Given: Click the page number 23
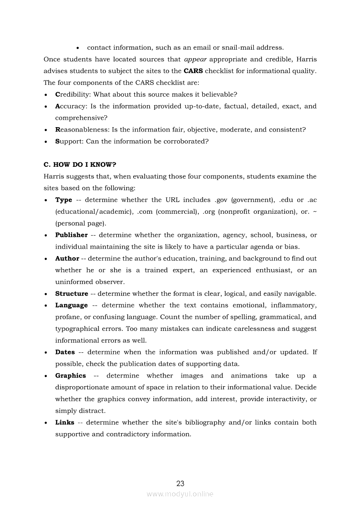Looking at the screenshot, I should [180, 483].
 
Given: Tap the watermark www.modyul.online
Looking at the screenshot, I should [180, 494].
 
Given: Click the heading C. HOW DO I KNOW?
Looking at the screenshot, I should [80, 165].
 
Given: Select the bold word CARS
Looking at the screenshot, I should [193, 71].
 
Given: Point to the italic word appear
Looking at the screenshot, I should [195, 59].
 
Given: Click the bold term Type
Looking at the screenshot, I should [64, 200].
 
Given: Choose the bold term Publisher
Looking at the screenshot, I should [71, 235].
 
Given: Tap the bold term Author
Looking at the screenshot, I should [67, 259].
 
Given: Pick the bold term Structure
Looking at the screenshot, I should [71, 294].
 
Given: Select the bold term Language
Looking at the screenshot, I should [71, 306].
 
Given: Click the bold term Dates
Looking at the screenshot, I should [65, 352].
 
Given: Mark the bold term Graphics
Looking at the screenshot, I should [71, 376].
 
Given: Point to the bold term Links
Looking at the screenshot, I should [65, 422].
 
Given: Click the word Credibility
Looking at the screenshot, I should [72, 94].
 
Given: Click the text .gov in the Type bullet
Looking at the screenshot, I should [222, 200].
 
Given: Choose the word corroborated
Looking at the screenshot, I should [187, 142].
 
